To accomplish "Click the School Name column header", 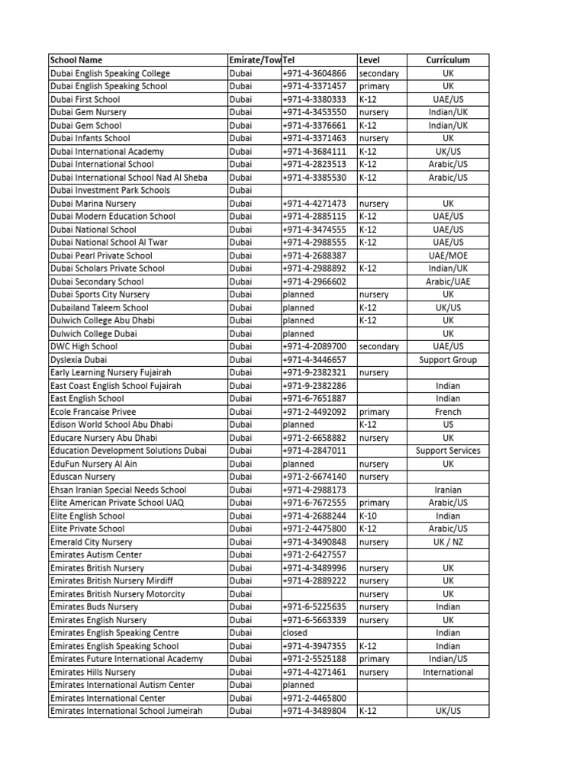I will point(76,60).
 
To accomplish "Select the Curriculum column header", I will point(448,60).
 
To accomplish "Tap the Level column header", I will point(369,60).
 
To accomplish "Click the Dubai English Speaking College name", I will point(110,73).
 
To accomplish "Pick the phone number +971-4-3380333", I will point(314,99).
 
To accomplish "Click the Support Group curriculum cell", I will point(448,359).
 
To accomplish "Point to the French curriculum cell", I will point(448,411).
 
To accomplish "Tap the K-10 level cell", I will point(368,516).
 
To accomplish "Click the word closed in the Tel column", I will point(295,632).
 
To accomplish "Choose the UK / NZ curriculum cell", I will point(448,542).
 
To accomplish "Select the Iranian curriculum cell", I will point(448,490).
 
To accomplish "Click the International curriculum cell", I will point(448,672).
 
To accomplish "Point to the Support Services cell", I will point(448,451).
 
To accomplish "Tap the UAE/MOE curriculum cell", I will point(448,256).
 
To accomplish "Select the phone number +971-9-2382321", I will point(314,372).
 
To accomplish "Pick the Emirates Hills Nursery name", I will point(92,672).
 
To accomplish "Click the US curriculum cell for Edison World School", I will point(448,424).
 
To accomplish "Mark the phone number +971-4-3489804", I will point(314,711).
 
